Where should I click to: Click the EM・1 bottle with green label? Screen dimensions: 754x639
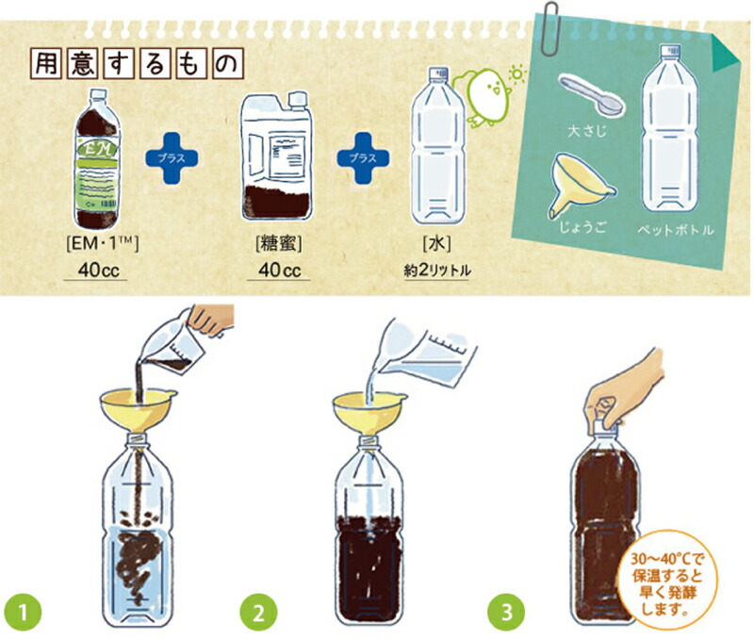[x=97, y=158]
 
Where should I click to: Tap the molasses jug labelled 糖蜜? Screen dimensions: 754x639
[x=277, y=156]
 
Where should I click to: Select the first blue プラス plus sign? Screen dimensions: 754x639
[x=172, y=158]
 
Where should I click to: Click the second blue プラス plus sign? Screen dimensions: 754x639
[x=363, y=158]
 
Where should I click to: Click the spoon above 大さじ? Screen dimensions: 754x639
[x=592, y=95]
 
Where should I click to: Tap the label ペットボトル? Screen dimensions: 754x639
[x=675, y=230]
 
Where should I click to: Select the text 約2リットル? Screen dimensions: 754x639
[x=437, y=270]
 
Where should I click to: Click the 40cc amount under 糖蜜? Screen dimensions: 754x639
[x=279, y=270]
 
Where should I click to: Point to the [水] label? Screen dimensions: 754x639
[x=436, y=244]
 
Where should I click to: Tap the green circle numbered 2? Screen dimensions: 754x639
[x=258, y=612]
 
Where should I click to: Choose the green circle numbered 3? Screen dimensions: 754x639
[x=506, y=612]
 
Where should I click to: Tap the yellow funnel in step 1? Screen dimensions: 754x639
[x=138, y=410]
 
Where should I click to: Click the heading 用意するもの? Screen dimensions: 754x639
[x=136, y=64]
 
